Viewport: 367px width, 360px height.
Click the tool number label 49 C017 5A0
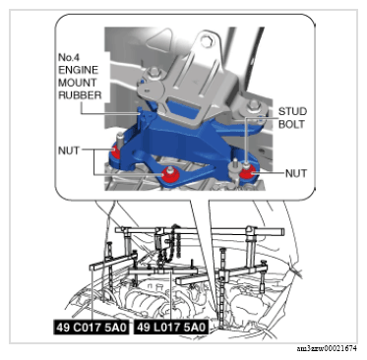click(92, 328)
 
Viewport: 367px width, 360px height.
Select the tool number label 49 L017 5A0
click(171, 328)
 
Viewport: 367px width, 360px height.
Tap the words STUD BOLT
click(292, 118)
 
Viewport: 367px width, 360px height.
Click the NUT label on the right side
click(296, 173)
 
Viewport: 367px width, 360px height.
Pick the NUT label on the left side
click(69, 150)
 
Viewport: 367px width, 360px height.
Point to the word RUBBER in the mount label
click(80, 95)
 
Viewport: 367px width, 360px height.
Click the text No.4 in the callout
click(69, 57)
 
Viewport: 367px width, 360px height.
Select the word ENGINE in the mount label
click(78, 70)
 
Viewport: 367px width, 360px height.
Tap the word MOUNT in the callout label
click(78, 83)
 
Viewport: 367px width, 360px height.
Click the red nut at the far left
click(115, 152)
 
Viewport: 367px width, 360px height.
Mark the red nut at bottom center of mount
click(171, 175)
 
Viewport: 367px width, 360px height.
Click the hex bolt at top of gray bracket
click(206, 41)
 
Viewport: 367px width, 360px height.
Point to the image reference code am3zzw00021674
click(327, 348)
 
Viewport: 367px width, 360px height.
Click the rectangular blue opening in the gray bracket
click(182, 110)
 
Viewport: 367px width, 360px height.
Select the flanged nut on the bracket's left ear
click(153, 75)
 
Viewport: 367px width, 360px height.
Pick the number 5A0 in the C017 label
click(115, 328)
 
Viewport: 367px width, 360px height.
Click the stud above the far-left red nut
click(120, 140)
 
